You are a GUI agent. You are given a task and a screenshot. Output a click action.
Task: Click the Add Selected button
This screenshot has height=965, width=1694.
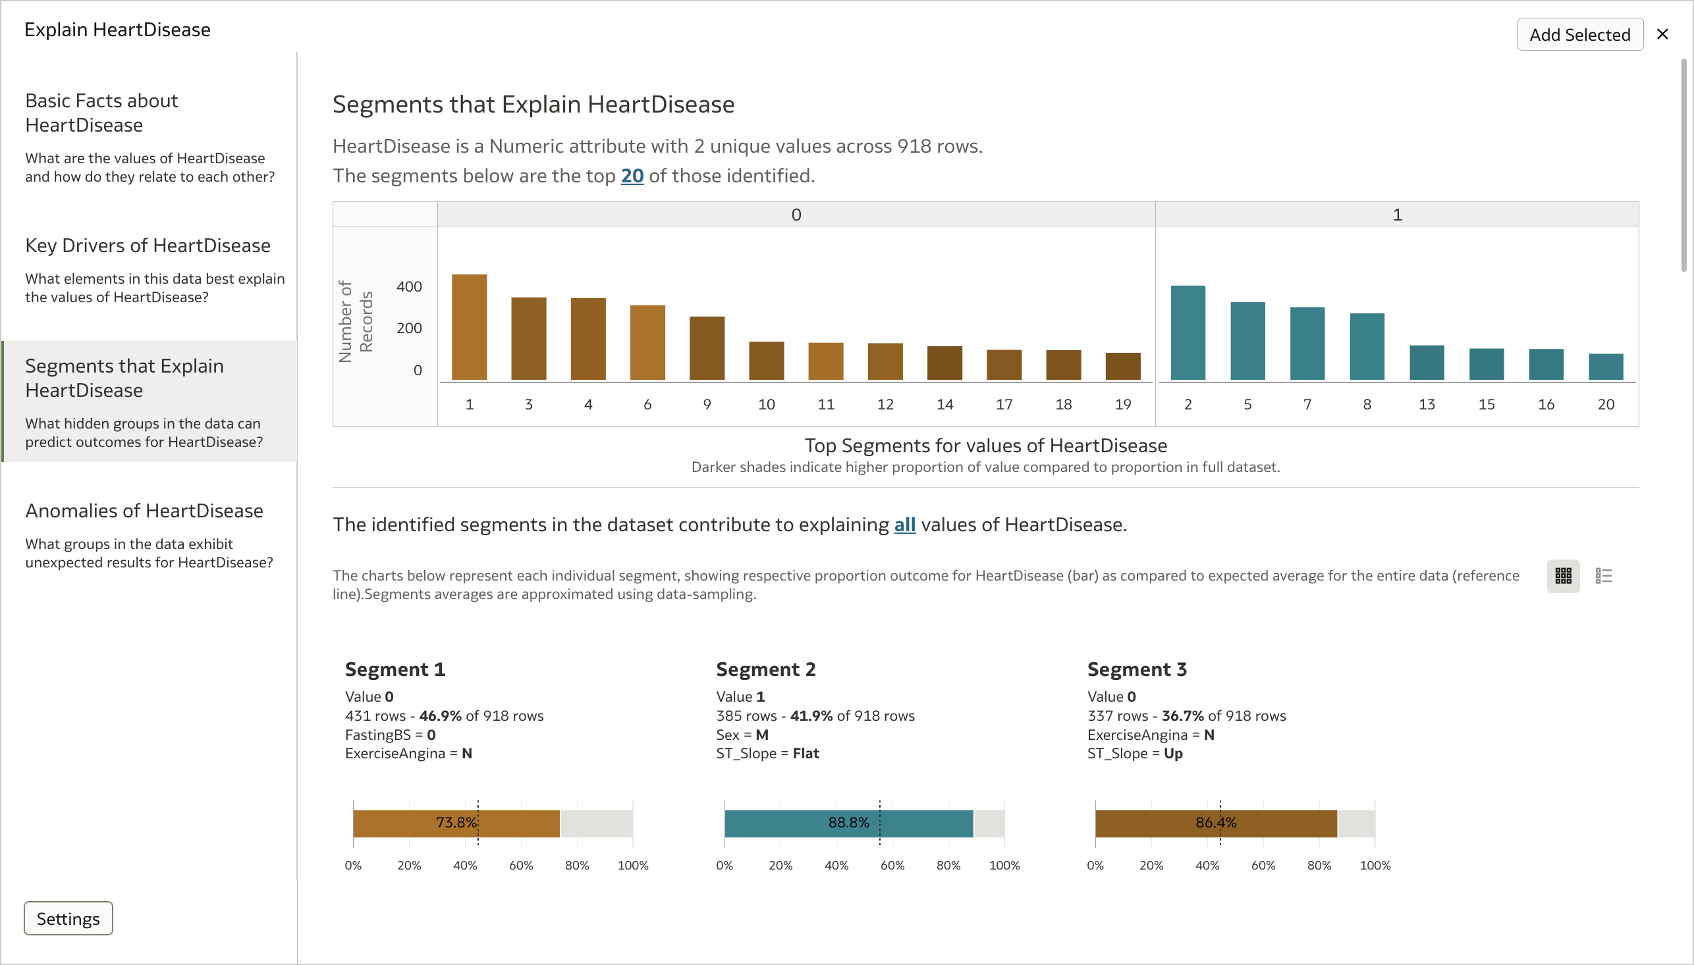pyautogui.click(x=1579, y=34)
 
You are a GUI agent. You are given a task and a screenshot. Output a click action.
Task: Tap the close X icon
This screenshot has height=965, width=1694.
pyautogui.click(x=1662, y=34)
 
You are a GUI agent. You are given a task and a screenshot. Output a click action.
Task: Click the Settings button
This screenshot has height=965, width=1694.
pyautogui.click(x=68, y=918)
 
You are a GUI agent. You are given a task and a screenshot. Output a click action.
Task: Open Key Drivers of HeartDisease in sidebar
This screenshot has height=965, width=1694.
pyautogui.click(x=148, y=246)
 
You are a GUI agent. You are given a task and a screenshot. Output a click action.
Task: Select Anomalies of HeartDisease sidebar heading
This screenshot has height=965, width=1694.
pyautogui.click(x=144, y=510)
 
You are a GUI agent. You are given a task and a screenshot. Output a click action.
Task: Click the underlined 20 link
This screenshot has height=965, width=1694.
pyautogui.click(x=632, y=176)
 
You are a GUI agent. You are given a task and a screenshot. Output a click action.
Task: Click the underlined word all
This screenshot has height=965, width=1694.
pyautogui.click(x=904, y=524)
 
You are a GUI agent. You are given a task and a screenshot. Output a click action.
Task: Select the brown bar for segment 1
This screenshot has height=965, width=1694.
pyautogui.click(x=470, y=326)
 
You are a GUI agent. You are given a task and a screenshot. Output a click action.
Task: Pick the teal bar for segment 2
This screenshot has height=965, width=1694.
pyautogui.click(x=1188, y=332)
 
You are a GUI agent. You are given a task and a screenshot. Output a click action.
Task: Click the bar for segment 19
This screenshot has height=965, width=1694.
pyautogui.click(x=1122, y=367)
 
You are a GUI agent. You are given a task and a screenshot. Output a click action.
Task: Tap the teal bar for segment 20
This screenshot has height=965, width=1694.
pyautogui.click(x=1605, y=367)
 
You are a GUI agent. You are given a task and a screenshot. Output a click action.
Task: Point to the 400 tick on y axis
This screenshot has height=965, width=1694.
pyautogui.click(x=408, y=286)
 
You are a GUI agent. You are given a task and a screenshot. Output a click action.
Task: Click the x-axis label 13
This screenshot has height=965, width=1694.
pyautogui.click(x=1426, y=404)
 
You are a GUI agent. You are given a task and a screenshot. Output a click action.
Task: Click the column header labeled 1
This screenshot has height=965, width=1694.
pyautogui.click(x=1397, y=215)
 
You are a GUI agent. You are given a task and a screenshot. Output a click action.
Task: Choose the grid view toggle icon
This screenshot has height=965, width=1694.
pyautogui.click(x=1563, y=575)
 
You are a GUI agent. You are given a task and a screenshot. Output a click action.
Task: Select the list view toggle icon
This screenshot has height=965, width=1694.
pyautogui.click(x=1603, y=575)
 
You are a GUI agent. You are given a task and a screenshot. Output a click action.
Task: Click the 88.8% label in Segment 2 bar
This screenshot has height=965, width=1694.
pyautogui.click(x=848, y=823)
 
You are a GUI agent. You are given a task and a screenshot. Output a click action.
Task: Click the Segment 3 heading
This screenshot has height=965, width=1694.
pyautogui.click(x=1136, y=669)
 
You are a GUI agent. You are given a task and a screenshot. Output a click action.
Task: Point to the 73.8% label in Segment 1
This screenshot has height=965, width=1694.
pyautogui.click(x=456, y=823)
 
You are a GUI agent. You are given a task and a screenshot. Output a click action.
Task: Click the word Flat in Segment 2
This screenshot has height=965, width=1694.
pyautogui.click(x=806, y=753)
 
